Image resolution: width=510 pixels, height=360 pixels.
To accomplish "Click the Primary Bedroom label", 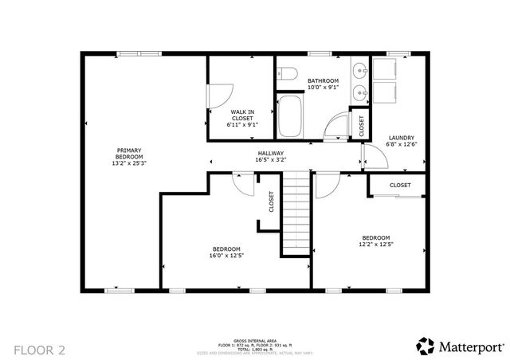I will (130, 151).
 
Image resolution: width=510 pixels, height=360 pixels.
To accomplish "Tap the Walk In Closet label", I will (242, 112).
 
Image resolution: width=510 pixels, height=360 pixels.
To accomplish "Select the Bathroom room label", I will (324, 80).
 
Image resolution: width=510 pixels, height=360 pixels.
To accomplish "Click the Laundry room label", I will (400, 138).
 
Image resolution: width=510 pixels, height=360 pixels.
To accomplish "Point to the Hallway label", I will (271, 153).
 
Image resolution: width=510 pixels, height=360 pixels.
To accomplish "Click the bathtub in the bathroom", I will (291, 116).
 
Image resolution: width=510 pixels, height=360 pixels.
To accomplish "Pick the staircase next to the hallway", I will (296, 215).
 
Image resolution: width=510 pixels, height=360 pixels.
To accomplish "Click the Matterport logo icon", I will (426, 346).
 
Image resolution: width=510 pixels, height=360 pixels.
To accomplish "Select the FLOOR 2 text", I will (39, 349).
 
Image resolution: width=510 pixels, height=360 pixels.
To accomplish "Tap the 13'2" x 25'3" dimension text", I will (130, 162).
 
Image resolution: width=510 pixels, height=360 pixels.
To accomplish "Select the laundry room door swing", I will (376, 159).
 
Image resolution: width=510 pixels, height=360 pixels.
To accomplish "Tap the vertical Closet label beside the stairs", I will (271, 202).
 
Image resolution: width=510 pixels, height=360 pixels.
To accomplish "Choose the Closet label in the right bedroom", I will (400, 186).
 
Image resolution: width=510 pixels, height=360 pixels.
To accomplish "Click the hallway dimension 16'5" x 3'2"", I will (271, 160).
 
